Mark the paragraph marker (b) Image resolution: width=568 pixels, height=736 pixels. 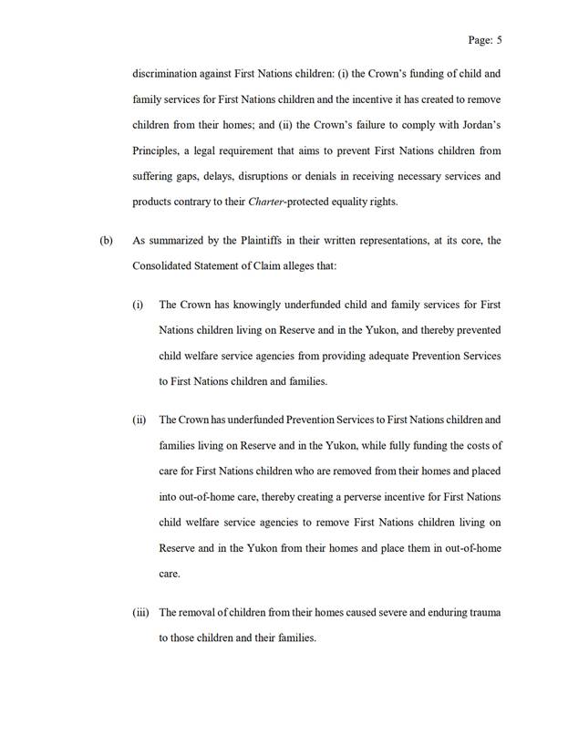click(106, 242)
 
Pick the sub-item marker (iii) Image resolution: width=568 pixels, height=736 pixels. click(140, 612)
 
